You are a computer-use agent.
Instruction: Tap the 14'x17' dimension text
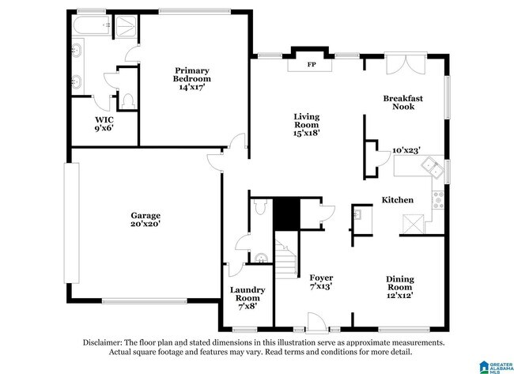pyautogui.click(x=192, y=88)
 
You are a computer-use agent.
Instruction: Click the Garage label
pyautogui.click(x=146, y=215)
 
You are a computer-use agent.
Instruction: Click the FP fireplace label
pyautogui.click(x=312, y=63)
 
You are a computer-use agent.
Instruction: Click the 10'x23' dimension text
pyautogui.click(x=406, y=149)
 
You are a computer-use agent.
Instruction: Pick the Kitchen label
pyautogui.click(x=397, y=200)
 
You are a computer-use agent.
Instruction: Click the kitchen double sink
pyautogui.click(x=432, y=166)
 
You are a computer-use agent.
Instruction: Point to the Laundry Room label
pyautogui.click(x=247, y=294)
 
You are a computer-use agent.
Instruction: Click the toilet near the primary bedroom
pyautogui.click(x=126, y=100)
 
